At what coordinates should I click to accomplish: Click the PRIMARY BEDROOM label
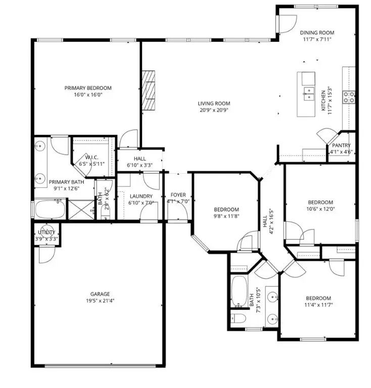(x=88, y=88)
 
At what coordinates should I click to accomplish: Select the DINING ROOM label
(x=318, y=33)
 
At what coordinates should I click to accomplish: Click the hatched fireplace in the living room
(x=148, y=89)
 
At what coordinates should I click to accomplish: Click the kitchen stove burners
(x=349, y=96)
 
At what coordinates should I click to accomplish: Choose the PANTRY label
(x=341, y=145)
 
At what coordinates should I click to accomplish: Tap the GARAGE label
(x=100, y=294)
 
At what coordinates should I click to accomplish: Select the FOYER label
(x=178, y=195)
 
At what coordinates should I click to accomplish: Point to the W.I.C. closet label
(x=91, y=157)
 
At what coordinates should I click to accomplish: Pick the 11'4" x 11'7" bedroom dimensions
(x=318, y=305)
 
